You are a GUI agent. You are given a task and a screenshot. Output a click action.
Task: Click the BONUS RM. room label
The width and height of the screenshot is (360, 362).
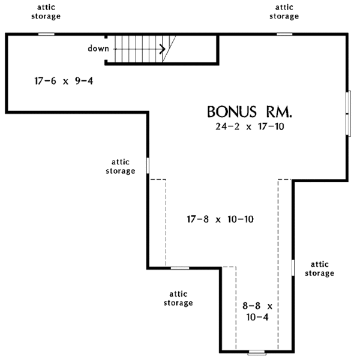click(249, 112)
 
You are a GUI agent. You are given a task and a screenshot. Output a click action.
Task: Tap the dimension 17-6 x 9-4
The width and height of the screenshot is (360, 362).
click(56, 80)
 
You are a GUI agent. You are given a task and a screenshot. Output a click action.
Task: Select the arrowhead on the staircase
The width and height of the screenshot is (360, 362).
click(163, 49)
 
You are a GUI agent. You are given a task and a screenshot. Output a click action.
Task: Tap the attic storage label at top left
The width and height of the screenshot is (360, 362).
click(46, 12)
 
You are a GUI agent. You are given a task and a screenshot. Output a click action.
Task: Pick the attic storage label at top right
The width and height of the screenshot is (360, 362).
click(284, 12)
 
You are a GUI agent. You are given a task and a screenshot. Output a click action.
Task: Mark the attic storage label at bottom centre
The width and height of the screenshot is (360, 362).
click(178, 298)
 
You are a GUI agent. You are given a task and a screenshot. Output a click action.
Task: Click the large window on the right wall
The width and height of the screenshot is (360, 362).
click(349, 114)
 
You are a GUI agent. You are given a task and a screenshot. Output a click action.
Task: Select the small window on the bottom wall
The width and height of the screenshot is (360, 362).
click(257, 352)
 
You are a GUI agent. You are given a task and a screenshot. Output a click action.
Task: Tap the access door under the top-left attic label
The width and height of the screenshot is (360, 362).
click(46, 34)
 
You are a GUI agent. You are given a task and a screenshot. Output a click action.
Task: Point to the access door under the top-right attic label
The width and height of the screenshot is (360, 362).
click(284, 34)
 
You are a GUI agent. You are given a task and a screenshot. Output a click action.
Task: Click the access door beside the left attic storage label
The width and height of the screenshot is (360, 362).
click(147, 165)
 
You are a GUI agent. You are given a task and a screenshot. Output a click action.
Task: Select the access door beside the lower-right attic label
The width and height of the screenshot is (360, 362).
click(293, 267)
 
